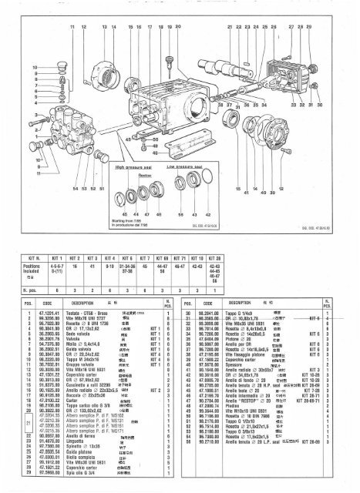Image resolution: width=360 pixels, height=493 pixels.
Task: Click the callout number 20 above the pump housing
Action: pyautogui.click(x=178, y=27)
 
